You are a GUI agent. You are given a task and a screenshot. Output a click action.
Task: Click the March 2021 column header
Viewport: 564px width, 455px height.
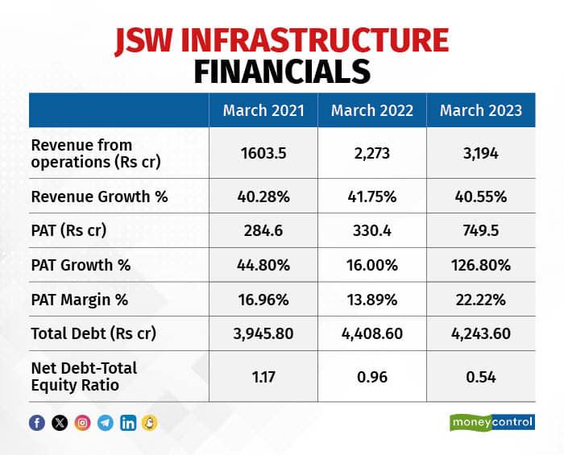point(263,110)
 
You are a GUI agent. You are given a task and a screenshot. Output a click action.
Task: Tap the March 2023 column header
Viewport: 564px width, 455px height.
point(481,110)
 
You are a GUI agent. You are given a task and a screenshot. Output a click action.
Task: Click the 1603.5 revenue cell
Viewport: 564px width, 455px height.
point(263,153)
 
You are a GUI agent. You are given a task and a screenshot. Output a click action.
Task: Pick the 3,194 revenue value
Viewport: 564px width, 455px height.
point(481,153)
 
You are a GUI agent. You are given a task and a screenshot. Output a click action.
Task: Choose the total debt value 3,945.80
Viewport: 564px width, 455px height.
point(263,333)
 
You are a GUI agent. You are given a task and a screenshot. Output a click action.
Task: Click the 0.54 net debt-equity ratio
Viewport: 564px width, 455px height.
point(481,374)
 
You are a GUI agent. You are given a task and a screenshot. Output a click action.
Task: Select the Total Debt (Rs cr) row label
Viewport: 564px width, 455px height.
point(93,333)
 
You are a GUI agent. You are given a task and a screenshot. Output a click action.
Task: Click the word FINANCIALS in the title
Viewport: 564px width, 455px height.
point(281,70)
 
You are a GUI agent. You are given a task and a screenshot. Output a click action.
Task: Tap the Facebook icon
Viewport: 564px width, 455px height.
point(37,423)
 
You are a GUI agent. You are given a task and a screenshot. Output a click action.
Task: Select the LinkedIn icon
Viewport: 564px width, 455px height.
point(127,423)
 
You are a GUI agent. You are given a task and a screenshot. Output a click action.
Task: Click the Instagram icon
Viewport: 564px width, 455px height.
point(82,423)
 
